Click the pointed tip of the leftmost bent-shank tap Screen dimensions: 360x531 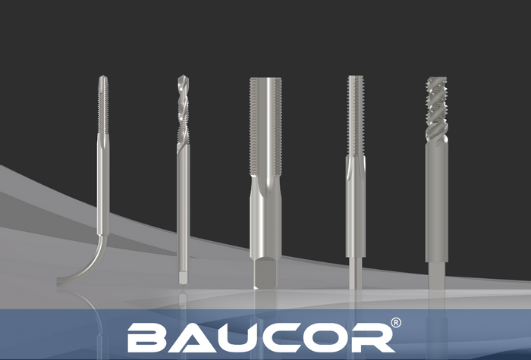102,79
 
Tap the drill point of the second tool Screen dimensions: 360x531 183,79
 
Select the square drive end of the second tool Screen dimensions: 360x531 183,277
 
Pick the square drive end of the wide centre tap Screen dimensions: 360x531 264,274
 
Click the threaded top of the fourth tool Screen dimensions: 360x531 355,114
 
